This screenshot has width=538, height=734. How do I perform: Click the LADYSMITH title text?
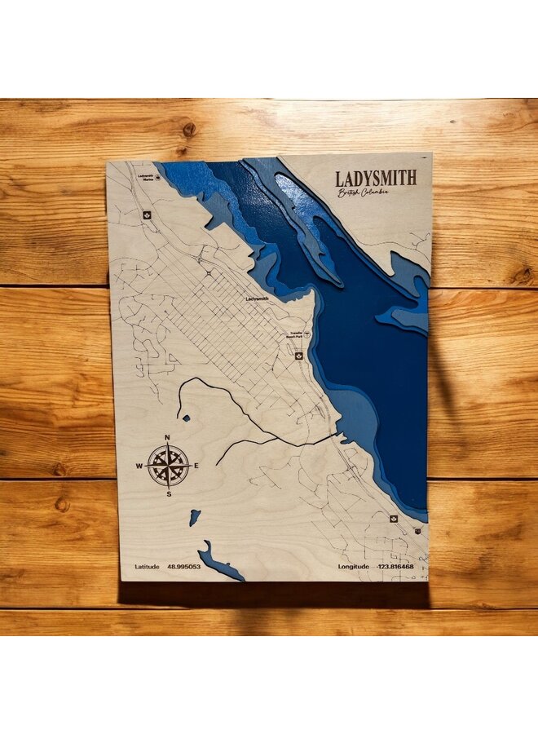[x=376, y=178]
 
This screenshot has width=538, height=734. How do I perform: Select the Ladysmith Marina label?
[x=147, y=177]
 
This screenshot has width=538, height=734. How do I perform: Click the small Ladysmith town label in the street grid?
[x=257, y=299]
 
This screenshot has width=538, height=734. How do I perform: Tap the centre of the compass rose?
[x=169, y=466]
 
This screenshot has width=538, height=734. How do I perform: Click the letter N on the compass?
[x=168, y=438]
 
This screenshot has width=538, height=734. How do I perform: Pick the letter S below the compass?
[x=169, y=494]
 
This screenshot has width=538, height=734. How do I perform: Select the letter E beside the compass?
[x=197, y=466]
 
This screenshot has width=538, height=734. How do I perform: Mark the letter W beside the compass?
[x=139, y=466]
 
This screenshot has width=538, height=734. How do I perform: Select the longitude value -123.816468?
[x=395, y=566]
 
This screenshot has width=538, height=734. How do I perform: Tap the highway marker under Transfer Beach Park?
[x=298, y=356]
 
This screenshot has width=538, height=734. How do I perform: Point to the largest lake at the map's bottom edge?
[x=218, y=563]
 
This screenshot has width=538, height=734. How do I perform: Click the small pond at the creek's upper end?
[x=187, y=418]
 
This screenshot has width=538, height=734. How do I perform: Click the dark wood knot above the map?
[x=188, y=130]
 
